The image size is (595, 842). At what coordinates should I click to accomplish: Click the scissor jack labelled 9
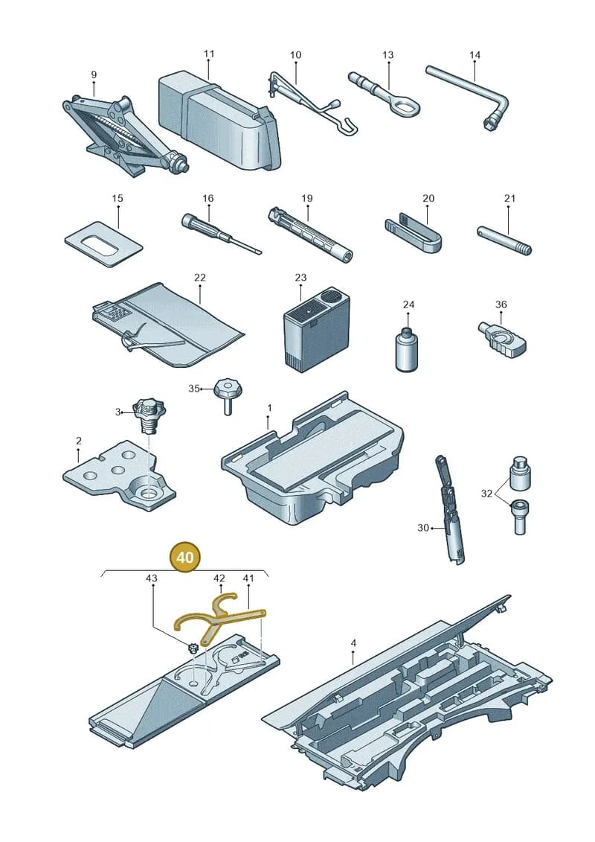(123, 134)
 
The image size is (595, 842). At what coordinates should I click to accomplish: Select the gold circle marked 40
(184, 558)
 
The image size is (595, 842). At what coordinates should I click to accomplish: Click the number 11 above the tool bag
(209, 54)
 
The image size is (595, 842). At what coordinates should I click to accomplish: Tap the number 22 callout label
(199, 278)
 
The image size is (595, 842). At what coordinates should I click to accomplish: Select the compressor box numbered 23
(316, 329)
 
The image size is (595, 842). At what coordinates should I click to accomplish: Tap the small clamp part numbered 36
(501, 339)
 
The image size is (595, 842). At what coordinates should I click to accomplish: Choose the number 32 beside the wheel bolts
(486, 494)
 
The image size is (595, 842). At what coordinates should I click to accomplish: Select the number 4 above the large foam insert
(353, 642)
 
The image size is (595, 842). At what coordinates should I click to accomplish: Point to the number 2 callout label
(79, 441)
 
